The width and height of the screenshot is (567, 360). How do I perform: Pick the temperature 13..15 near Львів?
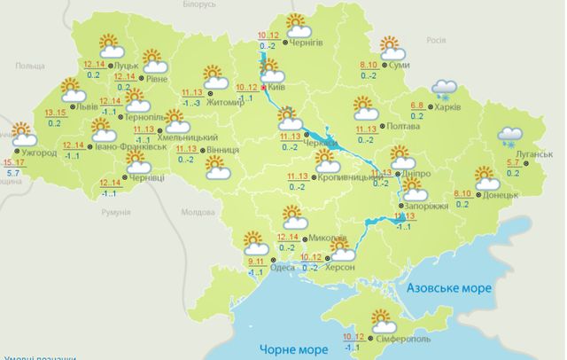(41, 114)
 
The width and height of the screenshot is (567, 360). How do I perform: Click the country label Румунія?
(116, 213)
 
